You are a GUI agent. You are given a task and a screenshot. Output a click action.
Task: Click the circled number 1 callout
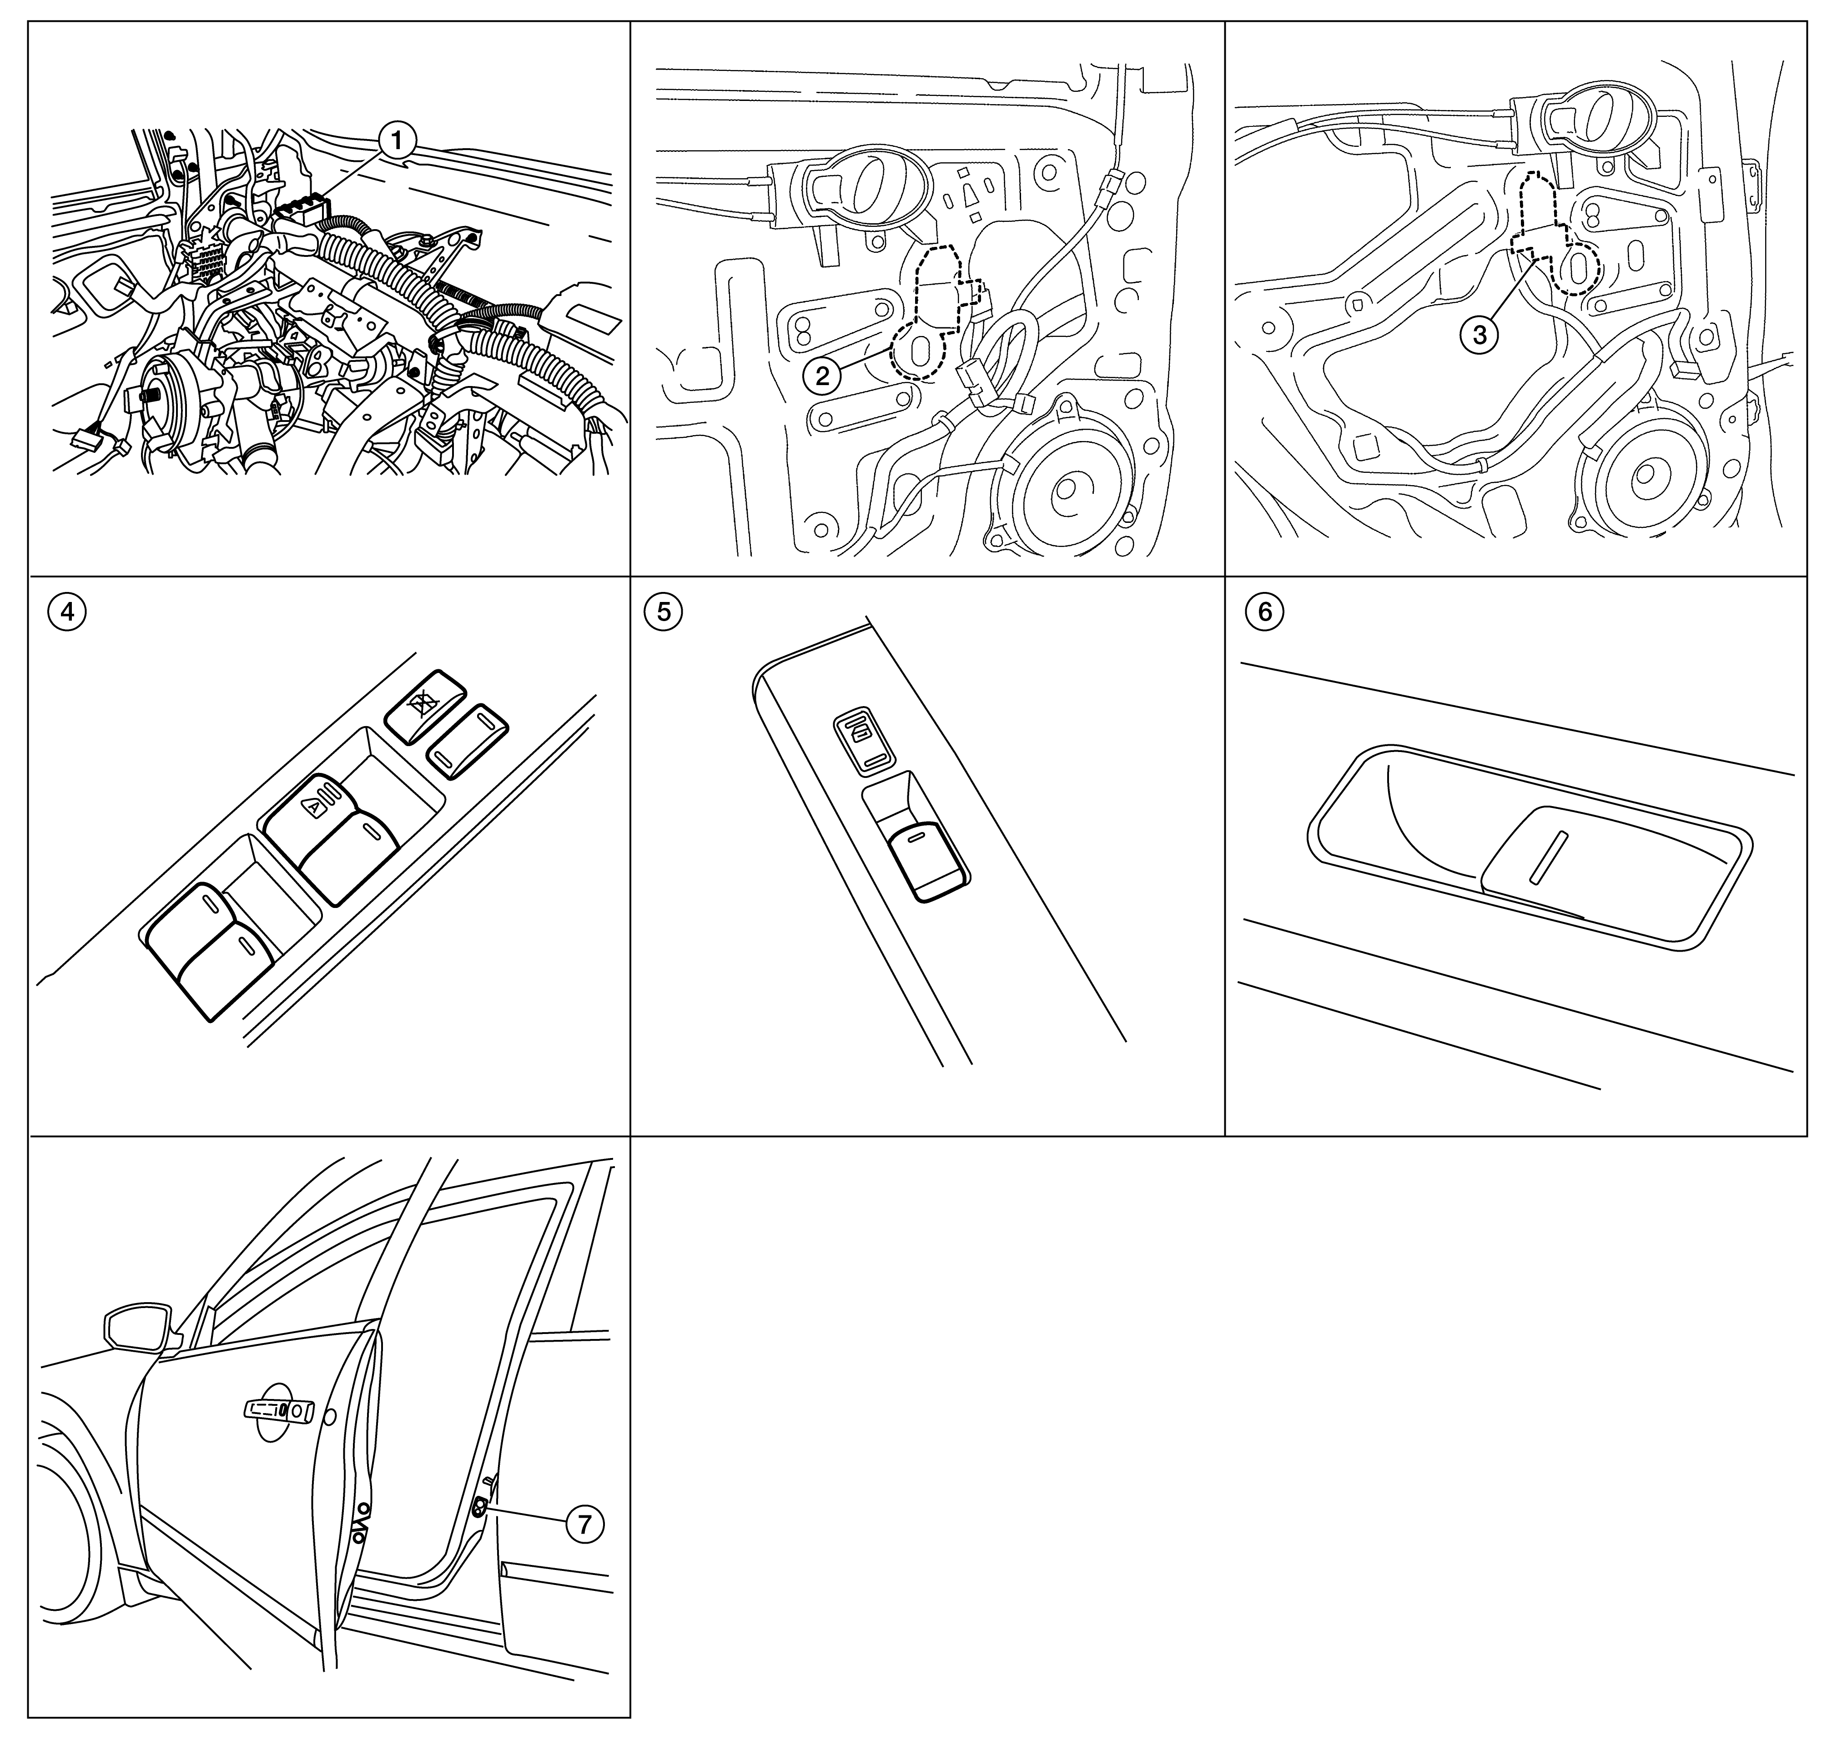(398, 142)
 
